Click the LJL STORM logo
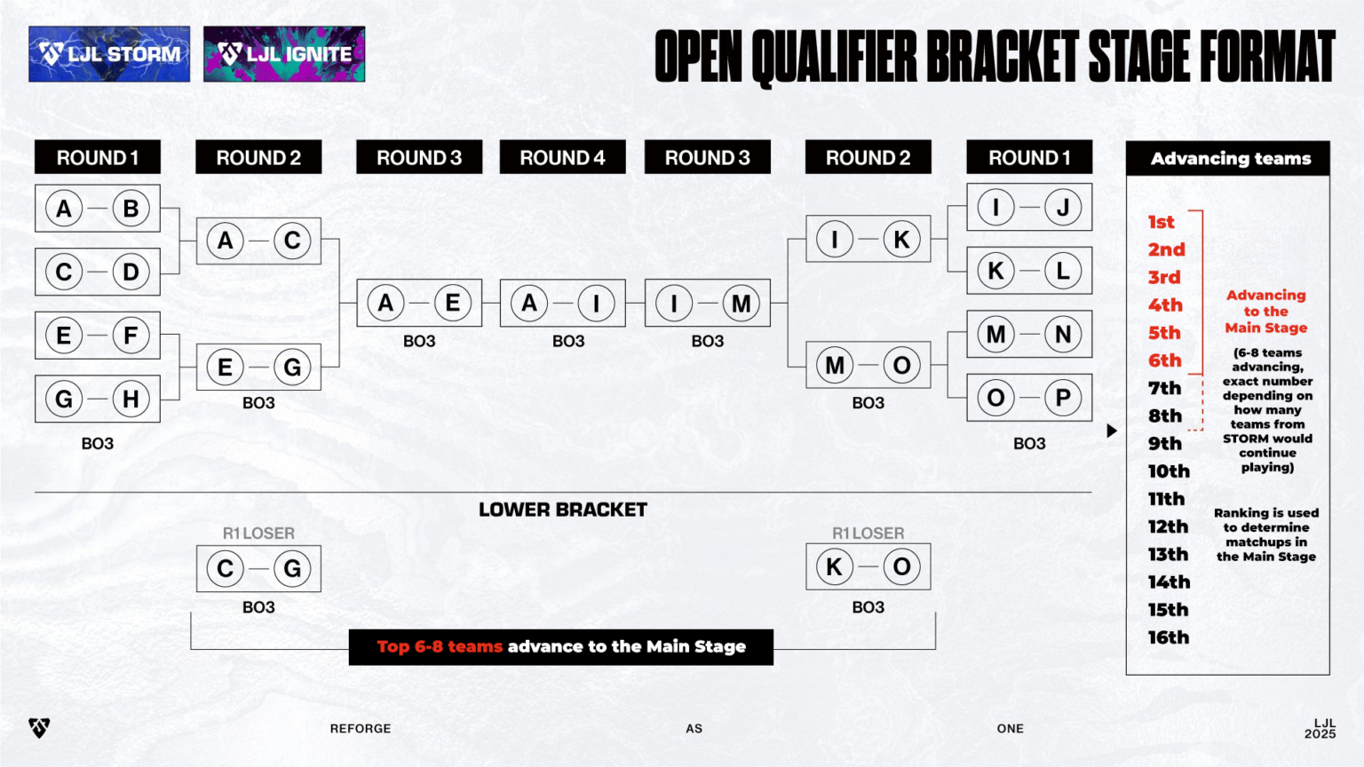109,54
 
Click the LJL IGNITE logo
284,54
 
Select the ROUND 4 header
562,157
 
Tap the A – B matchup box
98,209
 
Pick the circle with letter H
131,399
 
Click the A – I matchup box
562,303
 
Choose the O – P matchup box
1029,398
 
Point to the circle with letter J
1062,208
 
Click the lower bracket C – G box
258,568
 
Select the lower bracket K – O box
868,566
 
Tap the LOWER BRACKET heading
563,510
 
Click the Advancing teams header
1230,159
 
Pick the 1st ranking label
1161,222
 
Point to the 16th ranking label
1168,637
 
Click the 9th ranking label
1164,443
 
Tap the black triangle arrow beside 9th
1111,431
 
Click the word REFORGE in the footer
361,729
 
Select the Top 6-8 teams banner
561,646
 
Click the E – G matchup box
258,367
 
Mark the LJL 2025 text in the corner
1320,729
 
